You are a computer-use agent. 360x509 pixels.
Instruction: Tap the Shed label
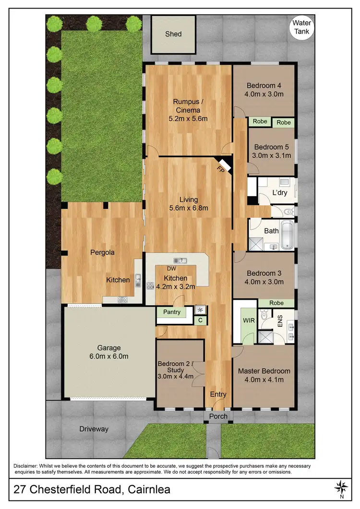(173, 34)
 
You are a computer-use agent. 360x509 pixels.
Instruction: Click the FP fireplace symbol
(221, 168)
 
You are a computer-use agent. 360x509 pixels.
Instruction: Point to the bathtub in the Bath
(286, 235)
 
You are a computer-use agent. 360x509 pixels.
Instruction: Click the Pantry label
(171, 312)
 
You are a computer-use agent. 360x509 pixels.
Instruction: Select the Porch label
(218, 416)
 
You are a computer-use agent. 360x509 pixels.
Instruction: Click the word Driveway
(94, 429)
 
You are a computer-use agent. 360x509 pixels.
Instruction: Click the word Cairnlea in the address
(144, 490)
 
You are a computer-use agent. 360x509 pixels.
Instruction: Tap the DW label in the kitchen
(170, 269)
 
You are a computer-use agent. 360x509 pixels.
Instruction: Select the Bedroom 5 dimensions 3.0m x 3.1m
(271, 155)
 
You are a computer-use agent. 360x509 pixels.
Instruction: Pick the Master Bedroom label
(264, 371)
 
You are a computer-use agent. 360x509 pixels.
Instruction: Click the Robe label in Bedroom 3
(276, 303)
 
